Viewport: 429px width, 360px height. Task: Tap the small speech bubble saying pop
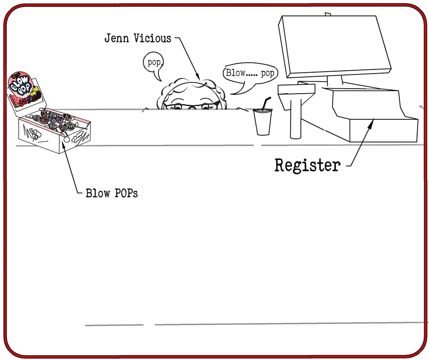pyautogui.click(x=154, y=63)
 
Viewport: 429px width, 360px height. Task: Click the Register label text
pyautogui.click(x=307, y=165)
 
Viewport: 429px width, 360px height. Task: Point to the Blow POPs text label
pyautogui.click(x=112, y=193)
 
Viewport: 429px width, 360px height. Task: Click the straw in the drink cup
pyautogui.click(x=266, y=103)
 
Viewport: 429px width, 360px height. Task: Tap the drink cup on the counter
pyautogui.click(x=262, y=122)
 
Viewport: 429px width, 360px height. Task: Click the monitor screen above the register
pyautogui.click(x=335, y=46)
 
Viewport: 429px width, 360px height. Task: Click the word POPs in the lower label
pyautogui.click(x=125, y=193)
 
